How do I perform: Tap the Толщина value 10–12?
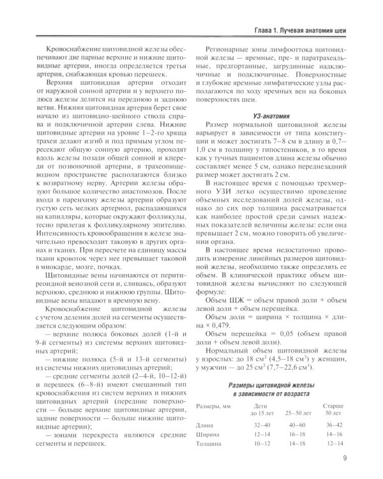click(244, 443)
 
